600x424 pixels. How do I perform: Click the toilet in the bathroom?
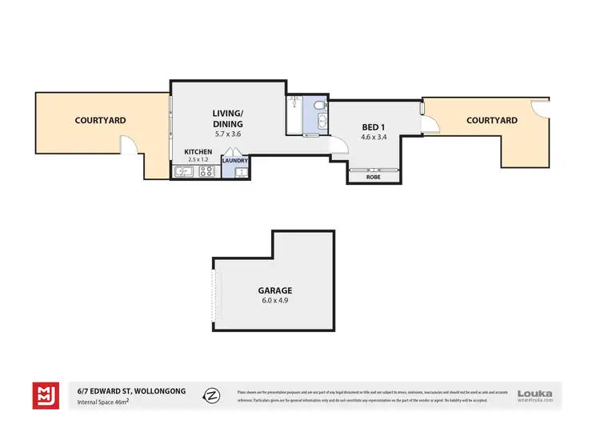[319, 106]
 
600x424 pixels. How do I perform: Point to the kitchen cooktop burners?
[206, 170]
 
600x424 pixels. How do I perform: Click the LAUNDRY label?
[235, 160]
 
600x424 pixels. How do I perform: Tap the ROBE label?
[373, 177]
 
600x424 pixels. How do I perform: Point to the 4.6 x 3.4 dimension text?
[374, 138]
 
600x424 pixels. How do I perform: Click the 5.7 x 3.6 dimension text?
[227, 134]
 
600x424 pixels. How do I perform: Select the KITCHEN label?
[198, 151]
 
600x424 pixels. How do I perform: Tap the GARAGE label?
[274, 290]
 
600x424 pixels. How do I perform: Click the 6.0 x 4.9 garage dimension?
[274, 301]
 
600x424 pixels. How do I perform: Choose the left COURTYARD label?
[100, 120]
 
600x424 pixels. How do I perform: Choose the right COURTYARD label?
[491, 120]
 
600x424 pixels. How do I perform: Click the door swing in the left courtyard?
[128, 145]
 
